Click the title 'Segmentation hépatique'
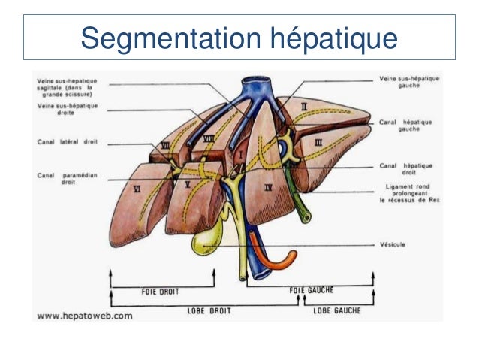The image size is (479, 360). [x=239, y=35]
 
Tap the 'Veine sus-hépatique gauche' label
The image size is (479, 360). [x=410, y=82]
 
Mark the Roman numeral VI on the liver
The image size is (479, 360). [x=136, y=191]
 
